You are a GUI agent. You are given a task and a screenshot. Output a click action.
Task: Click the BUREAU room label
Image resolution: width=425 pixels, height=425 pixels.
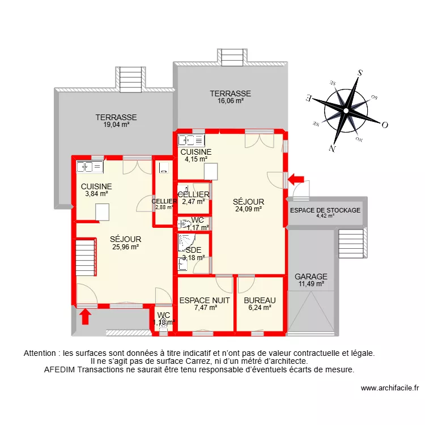tap(260, 300)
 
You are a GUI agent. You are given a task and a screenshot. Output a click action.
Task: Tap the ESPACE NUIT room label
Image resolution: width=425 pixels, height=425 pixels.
tap(205, 300)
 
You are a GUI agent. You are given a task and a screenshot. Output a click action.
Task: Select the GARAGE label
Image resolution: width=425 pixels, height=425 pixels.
tap(311, 277)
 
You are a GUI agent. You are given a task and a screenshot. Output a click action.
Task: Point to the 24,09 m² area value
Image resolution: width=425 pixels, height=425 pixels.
tap(248, 209)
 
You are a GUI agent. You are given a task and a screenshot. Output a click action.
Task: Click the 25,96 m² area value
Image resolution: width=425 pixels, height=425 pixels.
tap(125, 246)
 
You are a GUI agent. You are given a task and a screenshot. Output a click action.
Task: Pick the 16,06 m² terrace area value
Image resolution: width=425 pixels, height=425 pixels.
tap(230, 101)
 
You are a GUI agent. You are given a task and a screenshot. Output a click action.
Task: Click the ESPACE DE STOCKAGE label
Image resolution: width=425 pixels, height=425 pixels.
tap(325, 210)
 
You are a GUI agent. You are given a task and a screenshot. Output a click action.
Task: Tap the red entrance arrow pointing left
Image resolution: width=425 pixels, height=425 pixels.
tap(295, 180)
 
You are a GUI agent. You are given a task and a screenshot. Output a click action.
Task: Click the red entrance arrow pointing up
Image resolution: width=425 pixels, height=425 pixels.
tap(85, 316)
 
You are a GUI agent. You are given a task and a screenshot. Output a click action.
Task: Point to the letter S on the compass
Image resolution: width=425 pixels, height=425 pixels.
tap(359, 73)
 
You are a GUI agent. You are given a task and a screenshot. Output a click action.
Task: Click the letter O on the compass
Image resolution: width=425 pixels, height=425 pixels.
tap(384, 125)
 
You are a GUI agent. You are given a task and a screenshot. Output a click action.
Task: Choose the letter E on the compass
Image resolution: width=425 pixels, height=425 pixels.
tap(309, 97)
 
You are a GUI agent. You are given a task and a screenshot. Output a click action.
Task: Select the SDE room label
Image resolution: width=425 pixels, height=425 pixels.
tap(193, 250)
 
